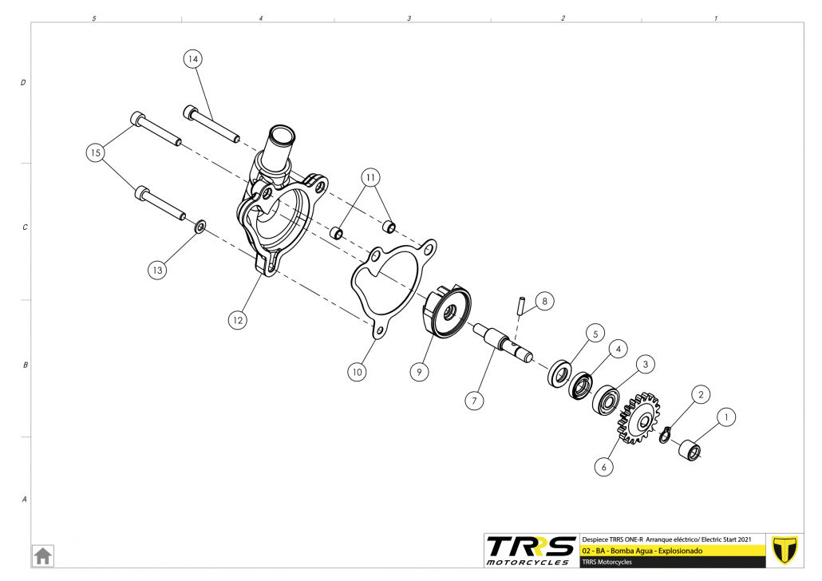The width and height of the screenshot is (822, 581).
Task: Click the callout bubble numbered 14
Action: click(x=193, y=59)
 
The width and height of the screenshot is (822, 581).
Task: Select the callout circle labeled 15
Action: click(x=96, y=152)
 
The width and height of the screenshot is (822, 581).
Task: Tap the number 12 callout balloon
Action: click(x=238, y=320)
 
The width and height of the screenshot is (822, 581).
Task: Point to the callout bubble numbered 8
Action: click(x=545, y=301)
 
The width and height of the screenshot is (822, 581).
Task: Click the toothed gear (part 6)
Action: click(x=639, y=417)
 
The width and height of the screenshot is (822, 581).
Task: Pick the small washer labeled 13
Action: click(x=200, y=227)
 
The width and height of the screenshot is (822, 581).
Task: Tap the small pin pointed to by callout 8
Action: click(x=520, y=306)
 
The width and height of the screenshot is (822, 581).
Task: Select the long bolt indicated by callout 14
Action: click(x=211, y=125)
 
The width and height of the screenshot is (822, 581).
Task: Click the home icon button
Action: click(x=42, y=555)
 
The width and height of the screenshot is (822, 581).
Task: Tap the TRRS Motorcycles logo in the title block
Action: click(x=531, y=551)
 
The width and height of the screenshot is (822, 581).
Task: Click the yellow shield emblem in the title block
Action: click(x=784, y=550)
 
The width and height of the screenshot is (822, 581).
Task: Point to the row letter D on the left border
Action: click(x=23, y=82)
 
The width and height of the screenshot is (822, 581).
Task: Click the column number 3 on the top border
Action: click(x=409, y=18)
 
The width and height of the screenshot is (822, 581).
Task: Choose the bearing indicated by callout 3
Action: click(x=607, y=401)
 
